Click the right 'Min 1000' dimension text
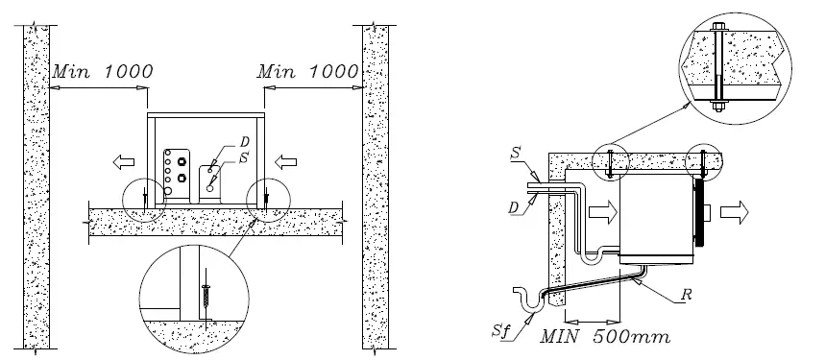(x=308, y=71)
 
